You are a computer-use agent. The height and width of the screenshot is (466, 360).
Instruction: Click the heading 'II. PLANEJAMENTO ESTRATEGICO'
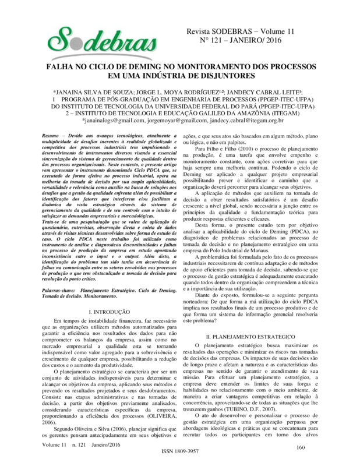(252, 337)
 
